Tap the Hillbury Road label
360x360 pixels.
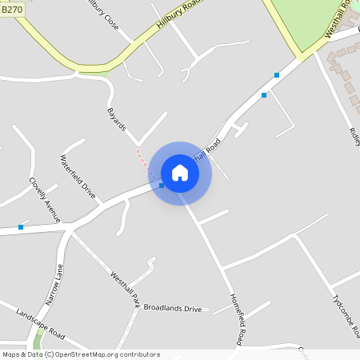coord(178,17)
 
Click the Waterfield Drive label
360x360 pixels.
coord(78,178)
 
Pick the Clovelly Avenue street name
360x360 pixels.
coord(45,199)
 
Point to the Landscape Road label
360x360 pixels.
coord(40,321)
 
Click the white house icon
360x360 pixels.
coord(180,173)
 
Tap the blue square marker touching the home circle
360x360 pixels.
coord(162,186)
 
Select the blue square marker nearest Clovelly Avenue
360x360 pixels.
coord(21,227)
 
